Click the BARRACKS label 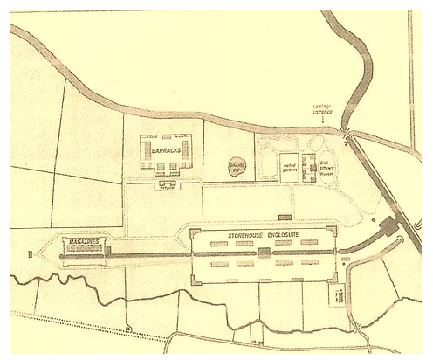(x=165, y=151)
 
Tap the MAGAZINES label (x=83, y=239)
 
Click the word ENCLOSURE (x=282, y=235)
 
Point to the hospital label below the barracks (x=167, y=186)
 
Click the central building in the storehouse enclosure (x=264, y=253)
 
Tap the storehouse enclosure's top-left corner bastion (x=191, y=229)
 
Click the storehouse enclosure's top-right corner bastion (x=333, y=228)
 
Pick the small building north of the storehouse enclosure (x=284, y=216)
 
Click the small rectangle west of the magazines (x=31, y=254)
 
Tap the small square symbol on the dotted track (x=127, y=329)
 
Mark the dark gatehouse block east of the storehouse (x=387, y=228)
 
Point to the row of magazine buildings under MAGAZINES (x=85, y=249)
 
